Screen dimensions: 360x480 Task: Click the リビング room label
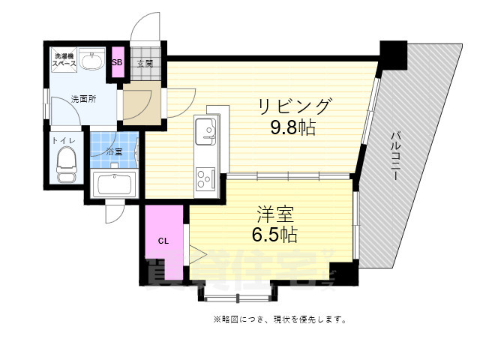point(295,105)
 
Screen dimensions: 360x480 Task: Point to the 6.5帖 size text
point(274,235)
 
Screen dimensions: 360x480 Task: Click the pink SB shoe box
point(117,62)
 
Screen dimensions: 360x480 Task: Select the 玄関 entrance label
point(144,63)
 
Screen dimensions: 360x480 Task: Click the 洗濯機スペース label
point(63,60)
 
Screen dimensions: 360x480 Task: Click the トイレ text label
point(61,140)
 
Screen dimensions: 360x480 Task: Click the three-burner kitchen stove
point(204,178)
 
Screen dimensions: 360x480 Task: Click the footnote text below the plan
point(279,319)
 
